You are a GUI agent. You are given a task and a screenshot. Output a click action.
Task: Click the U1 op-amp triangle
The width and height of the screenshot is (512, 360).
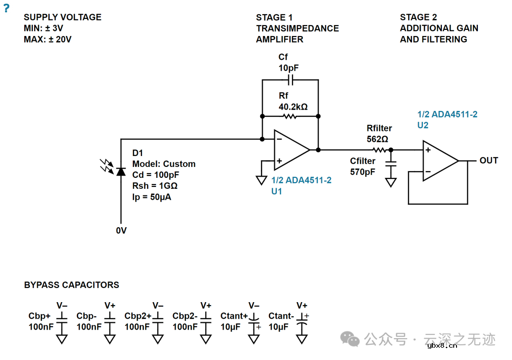(290, 150)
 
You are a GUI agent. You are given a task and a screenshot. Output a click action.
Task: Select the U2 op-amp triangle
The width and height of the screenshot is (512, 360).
(439, 161)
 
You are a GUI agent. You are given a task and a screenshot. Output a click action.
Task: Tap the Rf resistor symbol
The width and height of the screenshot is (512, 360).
(289, 116)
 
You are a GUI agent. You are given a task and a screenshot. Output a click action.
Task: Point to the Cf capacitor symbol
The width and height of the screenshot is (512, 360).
(290, 80)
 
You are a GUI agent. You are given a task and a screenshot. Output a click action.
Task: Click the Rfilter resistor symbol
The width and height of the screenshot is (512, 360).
(380, 150)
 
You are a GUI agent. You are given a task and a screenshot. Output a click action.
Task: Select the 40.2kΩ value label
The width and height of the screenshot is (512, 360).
(293, 107)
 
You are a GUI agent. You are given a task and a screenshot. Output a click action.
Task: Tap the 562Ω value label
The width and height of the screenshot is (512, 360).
(377, 139)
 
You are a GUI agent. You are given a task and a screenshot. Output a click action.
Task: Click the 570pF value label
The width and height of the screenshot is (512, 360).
(363, 172)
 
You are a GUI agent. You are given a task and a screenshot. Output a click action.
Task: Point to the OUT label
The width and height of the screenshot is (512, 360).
(489, 161)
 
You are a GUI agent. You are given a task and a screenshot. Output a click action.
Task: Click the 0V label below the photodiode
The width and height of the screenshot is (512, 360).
(121, 231)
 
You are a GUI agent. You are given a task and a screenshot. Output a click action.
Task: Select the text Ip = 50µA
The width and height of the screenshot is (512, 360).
(152, 197)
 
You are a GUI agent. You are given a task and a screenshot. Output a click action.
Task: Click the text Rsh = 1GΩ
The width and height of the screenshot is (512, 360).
(155, 186)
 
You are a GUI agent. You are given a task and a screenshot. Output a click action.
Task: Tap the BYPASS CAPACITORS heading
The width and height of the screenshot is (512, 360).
(72, 285)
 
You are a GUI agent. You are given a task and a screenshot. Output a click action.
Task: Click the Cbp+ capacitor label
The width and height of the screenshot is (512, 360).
(39, 316)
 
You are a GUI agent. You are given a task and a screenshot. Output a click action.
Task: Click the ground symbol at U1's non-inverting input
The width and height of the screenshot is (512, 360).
(261, 180)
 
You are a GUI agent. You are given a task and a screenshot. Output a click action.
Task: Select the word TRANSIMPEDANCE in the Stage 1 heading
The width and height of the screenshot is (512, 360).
(297, 28)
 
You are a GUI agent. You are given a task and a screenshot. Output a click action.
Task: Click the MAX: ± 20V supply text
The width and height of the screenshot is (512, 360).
(47, 39)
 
